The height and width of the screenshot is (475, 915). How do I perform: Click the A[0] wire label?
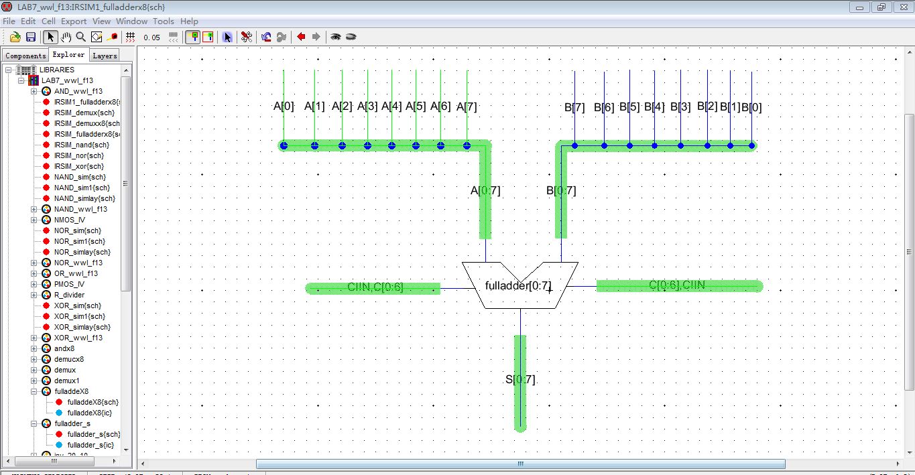pyautogui.click(x=284, y=106)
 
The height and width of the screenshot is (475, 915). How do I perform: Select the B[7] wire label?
pyautogui.click(x=574, y=107)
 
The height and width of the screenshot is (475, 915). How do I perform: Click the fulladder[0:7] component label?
pyautogui.click(x=518, y=286)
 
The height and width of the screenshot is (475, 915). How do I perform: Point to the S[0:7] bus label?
pyautogui.click(x=520, y=380)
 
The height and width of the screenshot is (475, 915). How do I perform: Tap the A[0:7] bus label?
pyautogui.click(x=485, y=190)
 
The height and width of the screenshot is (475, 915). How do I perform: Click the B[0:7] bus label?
pyautogui.click(x=561, y=190)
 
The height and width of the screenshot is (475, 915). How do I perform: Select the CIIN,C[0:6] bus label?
pyautogui.click(x=375, y=287)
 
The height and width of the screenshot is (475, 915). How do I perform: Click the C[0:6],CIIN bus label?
pyautogui.click(x=677, y=285)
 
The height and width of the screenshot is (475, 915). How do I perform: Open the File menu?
pyautogui.click(x=9, y=21)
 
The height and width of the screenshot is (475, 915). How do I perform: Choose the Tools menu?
pyautogui.click(x=163, y=21)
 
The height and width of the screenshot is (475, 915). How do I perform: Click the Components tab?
pyautogui.click(x=25, y=56)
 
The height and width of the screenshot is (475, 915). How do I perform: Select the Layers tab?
pyautogui.click(x=105, y=56)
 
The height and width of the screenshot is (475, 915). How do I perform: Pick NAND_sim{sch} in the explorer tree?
pyautogui.click(x=80, y=177)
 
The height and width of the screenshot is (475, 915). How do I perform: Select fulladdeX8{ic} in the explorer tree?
pyautogui.click(x=90, y=413)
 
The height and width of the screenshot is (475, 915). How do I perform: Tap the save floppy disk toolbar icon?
pyautogui.click(x=31, y=37)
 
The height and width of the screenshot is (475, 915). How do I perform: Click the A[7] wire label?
pyautogui.click(x=467, y=107)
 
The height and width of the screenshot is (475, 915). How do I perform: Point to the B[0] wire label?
pyautogui.click(x=751, y=107)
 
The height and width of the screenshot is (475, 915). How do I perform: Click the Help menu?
pyautogui.click(x=190, y=21)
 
